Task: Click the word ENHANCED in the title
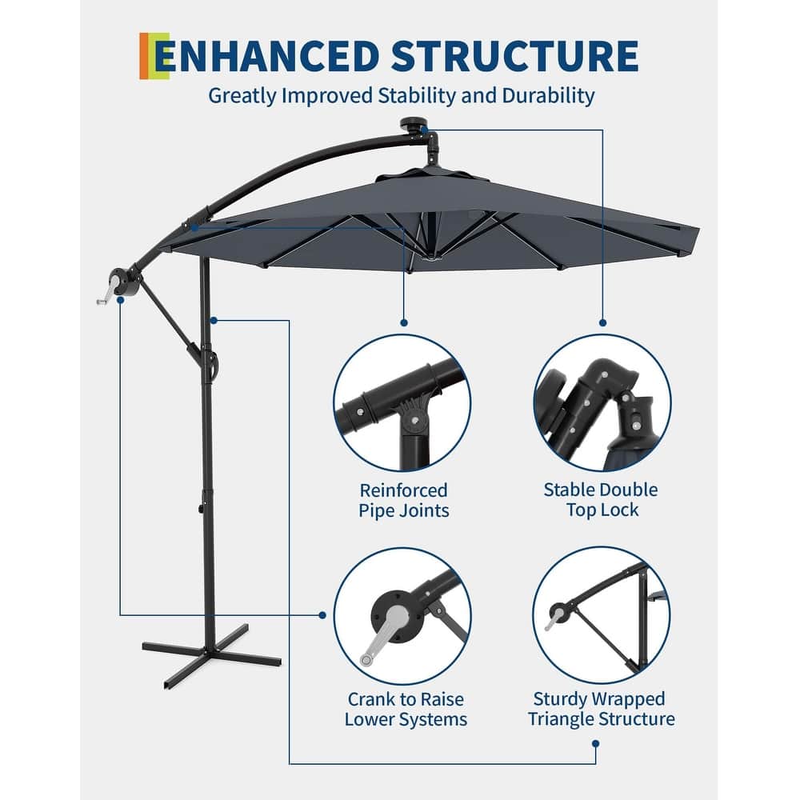pos(266,56)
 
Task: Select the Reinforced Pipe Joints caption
pos(403,500)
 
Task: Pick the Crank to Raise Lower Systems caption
pos(406,709)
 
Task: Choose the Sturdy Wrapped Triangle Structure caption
pos(601,709)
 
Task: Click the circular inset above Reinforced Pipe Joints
pos(402,402)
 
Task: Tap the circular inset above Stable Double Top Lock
pos(602,402)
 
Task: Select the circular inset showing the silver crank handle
pos(402,614)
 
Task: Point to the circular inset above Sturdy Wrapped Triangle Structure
pos(602,614)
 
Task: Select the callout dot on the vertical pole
pos(214,321)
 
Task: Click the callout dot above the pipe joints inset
pos(403,322)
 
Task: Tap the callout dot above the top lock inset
pos(602,322)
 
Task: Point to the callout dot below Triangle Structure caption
pos(595,743)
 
